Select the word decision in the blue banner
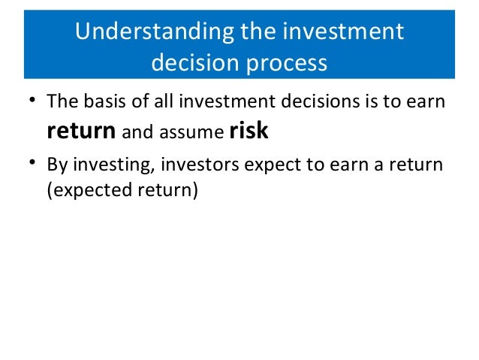(x=195, y=62)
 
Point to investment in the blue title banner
(x=343, y=31)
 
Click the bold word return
(x=81, y=131)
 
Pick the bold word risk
(x=249, y=130)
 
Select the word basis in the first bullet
(x=104, y=101)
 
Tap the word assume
(x=192, y=132)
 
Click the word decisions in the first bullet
(x=320, y=101)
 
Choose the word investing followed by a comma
(x=114, y=165)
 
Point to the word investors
(x=200, y=165)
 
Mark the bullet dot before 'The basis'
(x=32, y=99)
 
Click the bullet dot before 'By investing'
(x=32, y=163)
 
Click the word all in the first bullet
(x=164, y=101)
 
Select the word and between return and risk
(x=137, y=132)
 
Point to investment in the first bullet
(x=227, y=101)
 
